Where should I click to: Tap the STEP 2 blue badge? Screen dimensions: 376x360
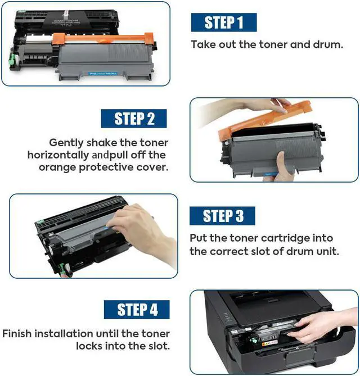pyautogui.click(x=134, y=118)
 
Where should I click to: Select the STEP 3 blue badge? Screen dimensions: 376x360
pyautogui.click(x=222, y=216)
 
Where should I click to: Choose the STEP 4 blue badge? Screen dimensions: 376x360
pyautogui.click(x=137, y=309)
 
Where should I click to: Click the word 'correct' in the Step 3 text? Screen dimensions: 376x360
pyautogui.click(x=233, y=251)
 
